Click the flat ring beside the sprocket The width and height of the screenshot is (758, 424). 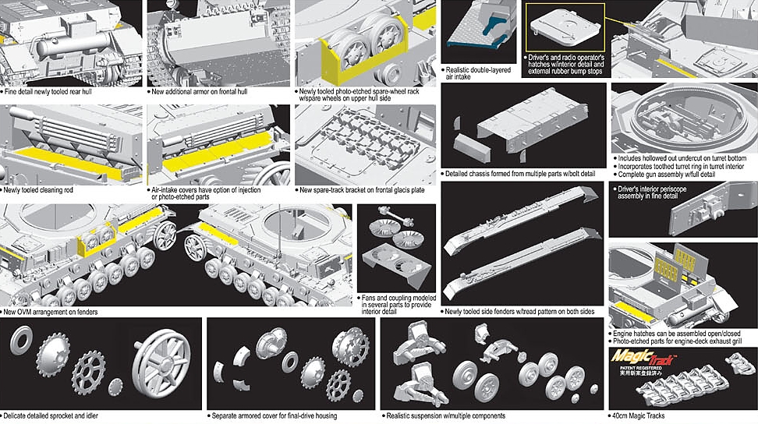click(x=24, y=341)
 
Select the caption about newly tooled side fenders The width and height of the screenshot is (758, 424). click(x=520, y=312)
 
